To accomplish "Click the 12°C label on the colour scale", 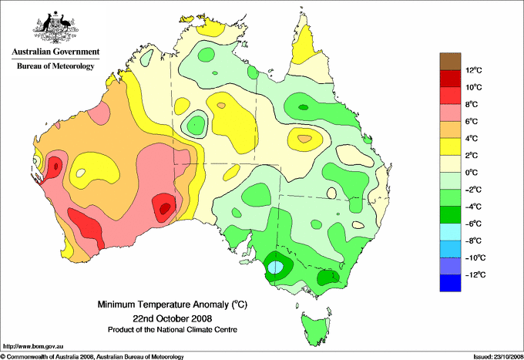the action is [474, 70].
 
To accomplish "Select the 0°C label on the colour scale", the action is [472, 173].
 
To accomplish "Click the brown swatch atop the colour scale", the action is [450, 62].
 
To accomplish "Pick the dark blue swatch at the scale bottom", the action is [450, 283].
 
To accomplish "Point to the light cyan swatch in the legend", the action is [450, 232].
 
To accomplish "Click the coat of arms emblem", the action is [55, 27].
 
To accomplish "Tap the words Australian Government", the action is [55, 52].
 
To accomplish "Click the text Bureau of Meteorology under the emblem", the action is [55, 66].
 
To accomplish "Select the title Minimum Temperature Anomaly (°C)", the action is [172, 304].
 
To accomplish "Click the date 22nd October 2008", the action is [172, 318].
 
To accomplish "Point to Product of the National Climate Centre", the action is [173, 330].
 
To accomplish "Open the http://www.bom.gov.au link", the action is [32, 347].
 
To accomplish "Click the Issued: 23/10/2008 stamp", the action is [499, 357].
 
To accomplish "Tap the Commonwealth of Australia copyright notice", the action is [92, 357].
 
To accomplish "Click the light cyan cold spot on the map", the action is [276, 267].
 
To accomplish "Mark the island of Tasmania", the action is [315, 327].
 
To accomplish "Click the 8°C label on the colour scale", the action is [472, 104].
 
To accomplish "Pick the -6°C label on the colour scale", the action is [473, 224].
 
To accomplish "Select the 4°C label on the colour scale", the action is [472, 139].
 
